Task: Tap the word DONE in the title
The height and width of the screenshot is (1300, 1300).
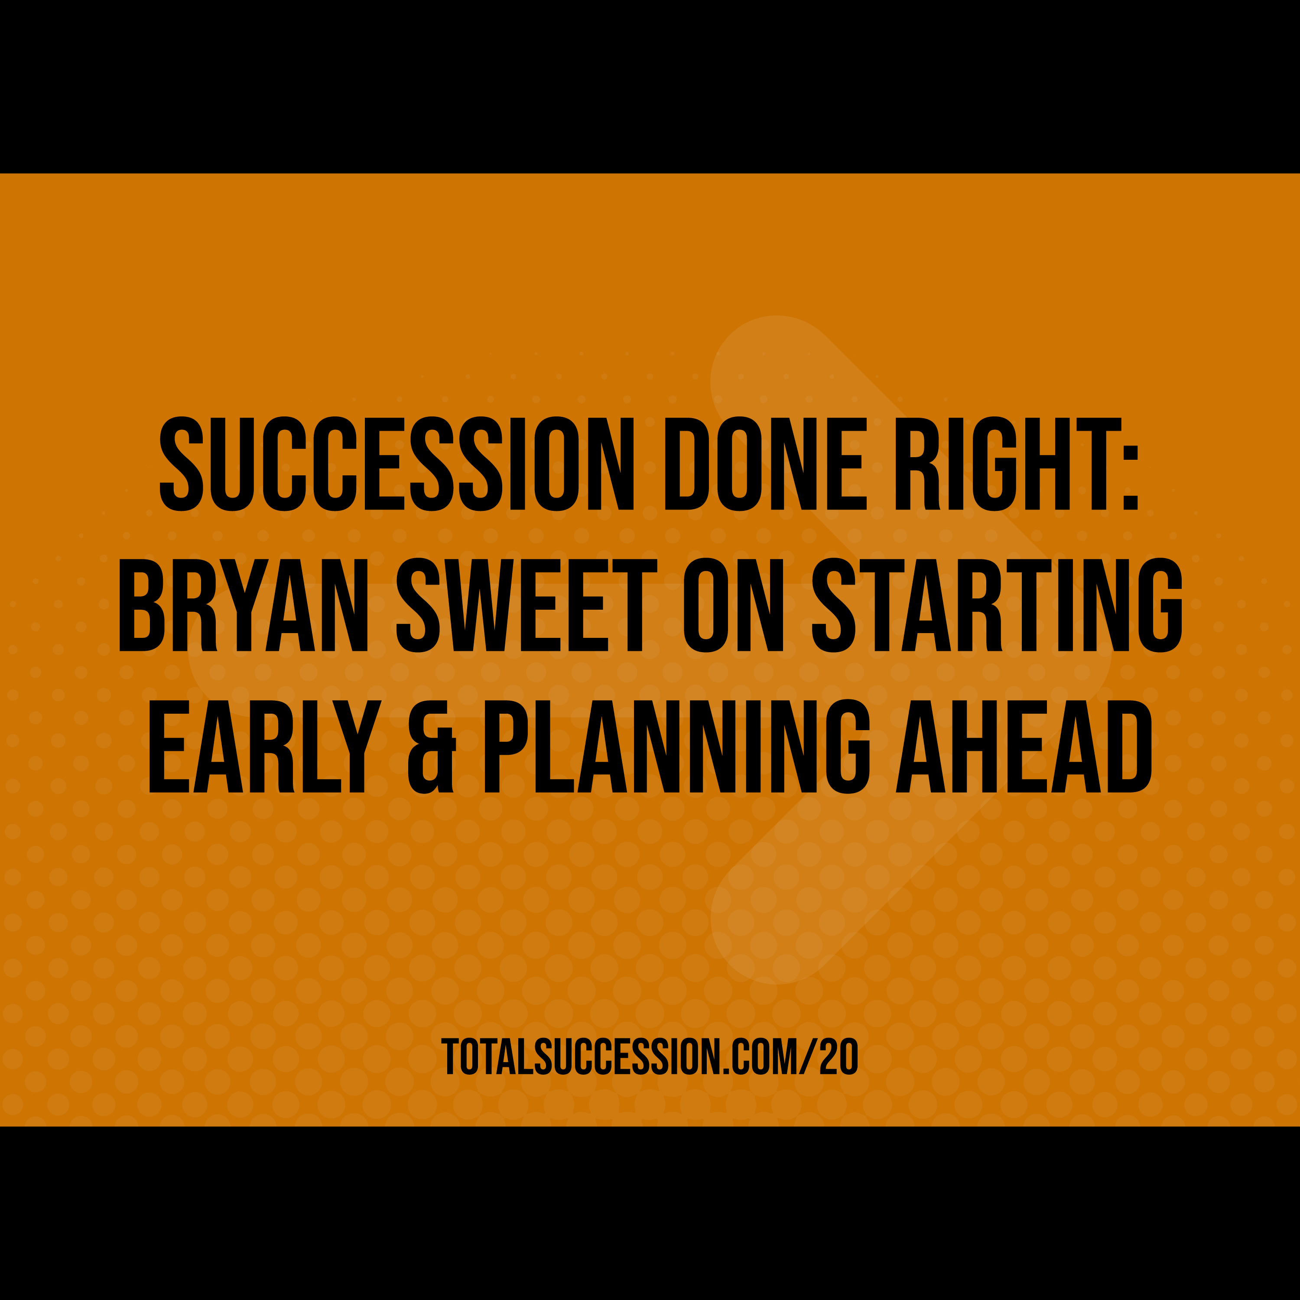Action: (763, 464)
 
